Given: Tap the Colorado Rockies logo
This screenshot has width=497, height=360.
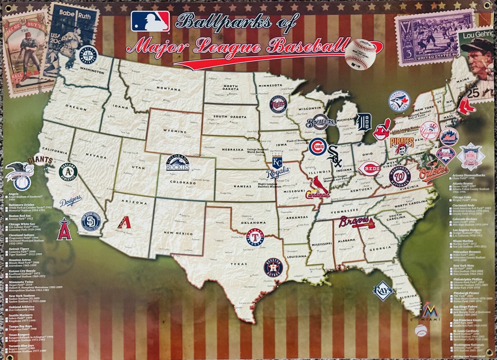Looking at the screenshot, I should coord(177,163).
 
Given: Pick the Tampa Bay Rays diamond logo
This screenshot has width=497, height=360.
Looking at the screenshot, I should coord(383,290).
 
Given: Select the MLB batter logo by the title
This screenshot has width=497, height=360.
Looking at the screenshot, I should coord(150,21).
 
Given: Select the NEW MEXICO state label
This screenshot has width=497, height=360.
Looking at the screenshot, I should coord(178,233).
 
